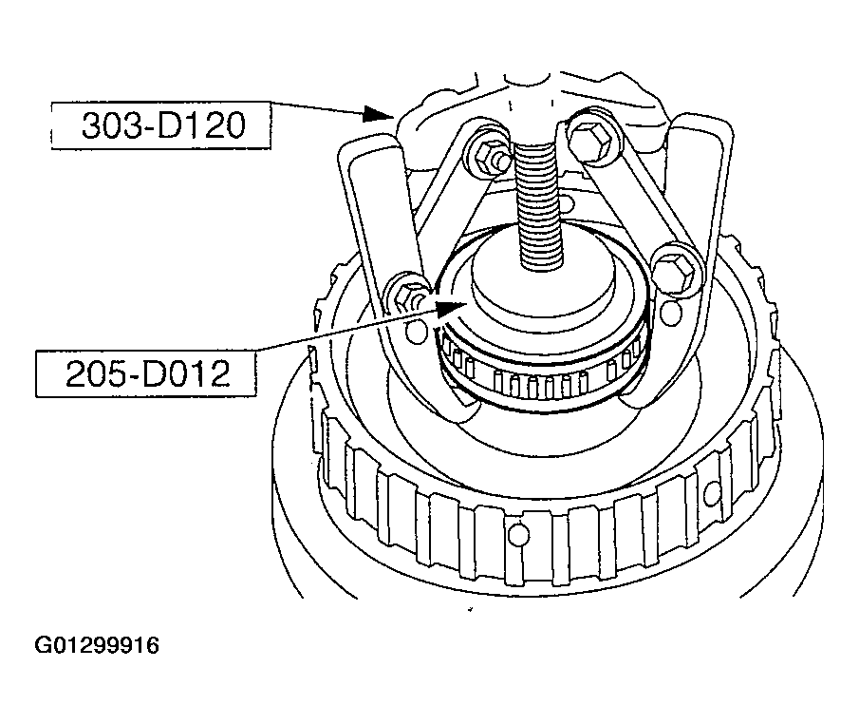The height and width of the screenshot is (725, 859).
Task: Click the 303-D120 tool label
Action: (x=163, y=125)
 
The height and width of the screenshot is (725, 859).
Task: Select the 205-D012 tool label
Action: (x=147, y=374)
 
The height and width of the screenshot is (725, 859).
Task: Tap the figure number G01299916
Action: (x=97, y=645)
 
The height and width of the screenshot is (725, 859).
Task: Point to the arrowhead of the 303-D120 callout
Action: (x=379, y=114)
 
